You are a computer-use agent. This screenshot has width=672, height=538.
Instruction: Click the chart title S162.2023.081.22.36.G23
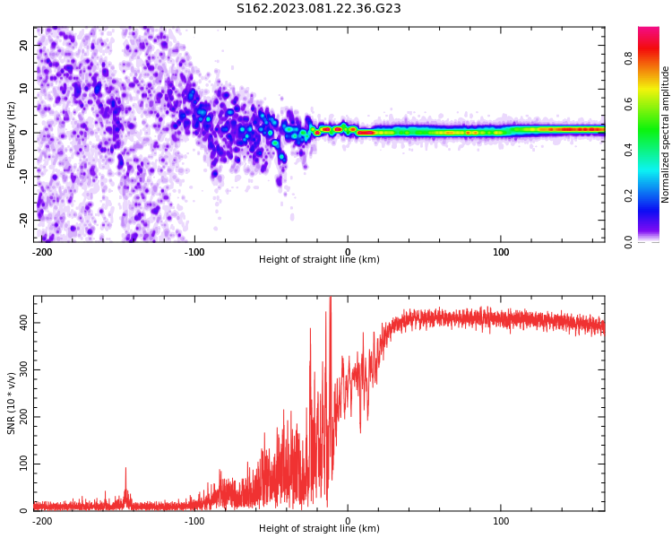click(318, 9)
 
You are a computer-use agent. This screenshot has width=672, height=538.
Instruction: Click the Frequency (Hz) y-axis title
click(12, 134)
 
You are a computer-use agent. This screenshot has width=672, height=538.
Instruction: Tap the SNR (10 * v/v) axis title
click(12, 403)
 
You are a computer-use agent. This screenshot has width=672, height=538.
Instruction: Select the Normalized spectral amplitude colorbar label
click(666, 134)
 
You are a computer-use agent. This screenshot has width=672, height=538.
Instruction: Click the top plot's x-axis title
click(319, 260)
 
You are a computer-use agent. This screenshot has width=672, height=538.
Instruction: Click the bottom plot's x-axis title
click(319, 529)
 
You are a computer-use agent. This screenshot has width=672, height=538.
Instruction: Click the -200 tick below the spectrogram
click(41, 252)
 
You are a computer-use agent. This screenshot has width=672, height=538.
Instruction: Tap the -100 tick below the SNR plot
click(194, 521)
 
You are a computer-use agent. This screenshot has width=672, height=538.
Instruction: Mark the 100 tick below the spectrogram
click(501, 252)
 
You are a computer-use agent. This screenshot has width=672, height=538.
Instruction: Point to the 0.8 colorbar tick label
click(628, 58)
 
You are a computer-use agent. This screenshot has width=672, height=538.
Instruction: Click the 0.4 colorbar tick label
click(628, 150)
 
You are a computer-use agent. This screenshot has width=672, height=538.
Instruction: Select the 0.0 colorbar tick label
click(628, 241)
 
